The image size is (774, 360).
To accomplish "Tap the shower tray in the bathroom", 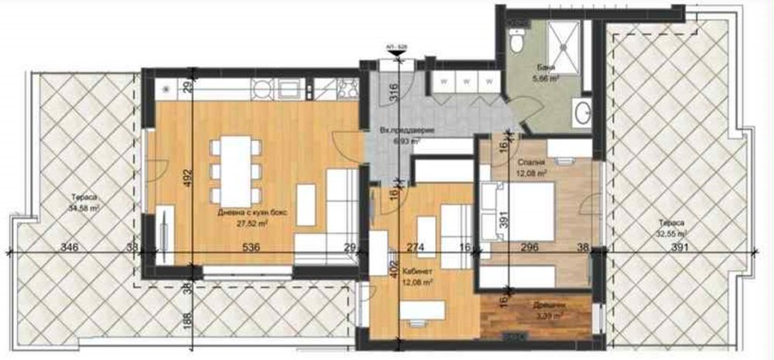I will coord(568,39).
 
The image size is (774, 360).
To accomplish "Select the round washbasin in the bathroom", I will coord(582,115).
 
